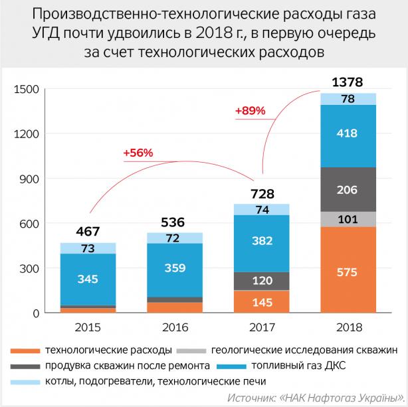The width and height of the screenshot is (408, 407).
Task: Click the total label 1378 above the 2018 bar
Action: coord(347,82)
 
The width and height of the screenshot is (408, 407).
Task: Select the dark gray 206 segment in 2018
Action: coord(348,189)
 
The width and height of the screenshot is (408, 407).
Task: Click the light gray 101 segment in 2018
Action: coord(348,219)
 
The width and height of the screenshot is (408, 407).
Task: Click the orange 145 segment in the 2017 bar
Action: coord(261,301)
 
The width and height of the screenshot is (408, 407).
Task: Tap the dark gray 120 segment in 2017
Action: coord(261,281)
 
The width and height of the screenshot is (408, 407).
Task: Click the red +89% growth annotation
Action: coord(250,111)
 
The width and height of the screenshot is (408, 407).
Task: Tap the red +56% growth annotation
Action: coord(138,153)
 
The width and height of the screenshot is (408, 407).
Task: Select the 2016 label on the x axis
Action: coord(174,328)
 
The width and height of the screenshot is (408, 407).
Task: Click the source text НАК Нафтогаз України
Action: coord(342,396)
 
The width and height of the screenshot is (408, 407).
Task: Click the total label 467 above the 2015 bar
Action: coord(88,232)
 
